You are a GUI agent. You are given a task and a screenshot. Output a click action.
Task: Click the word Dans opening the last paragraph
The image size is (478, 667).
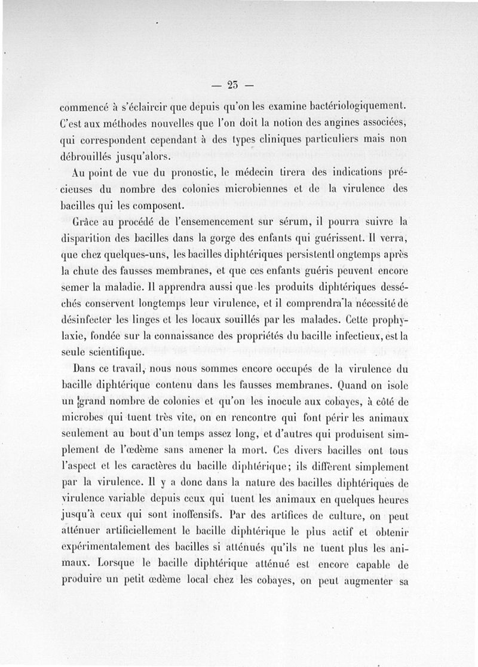(x=84, y=368)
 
